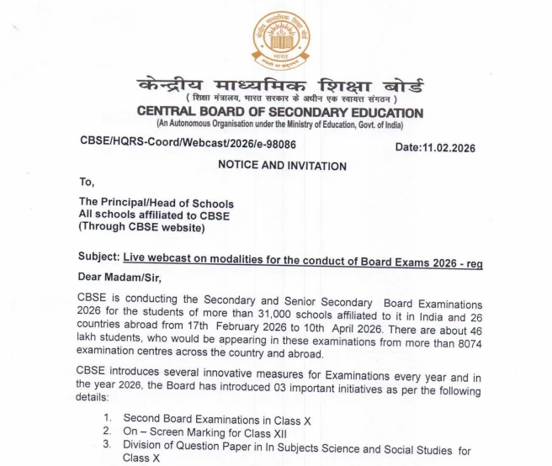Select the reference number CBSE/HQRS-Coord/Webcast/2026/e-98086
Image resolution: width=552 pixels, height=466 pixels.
pos(188,144)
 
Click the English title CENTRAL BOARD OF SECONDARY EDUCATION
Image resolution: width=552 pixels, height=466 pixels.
pos(280,113)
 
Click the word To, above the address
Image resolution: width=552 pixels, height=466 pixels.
pos(88,181)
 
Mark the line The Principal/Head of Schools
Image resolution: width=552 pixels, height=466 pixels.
pos(157,203)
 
